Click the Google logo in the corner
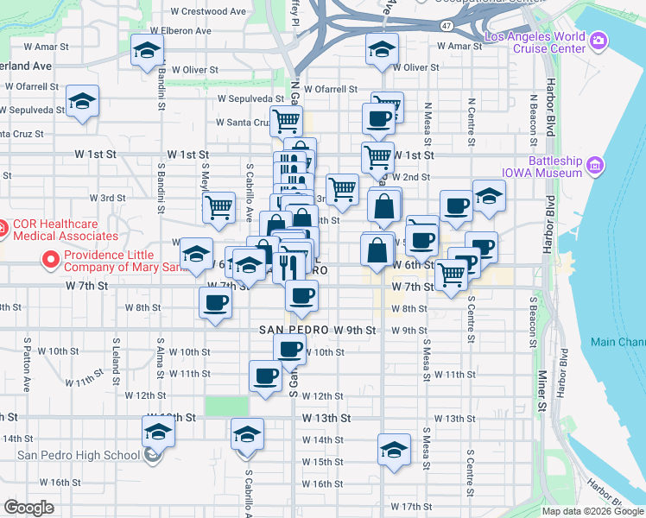point(29,508)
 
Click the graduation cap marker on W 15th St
point(394,451)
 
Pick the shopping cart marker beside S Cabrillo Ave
point(219,206)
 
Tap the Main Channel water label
point(617,342)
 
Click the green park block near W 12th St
point(226,406)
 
